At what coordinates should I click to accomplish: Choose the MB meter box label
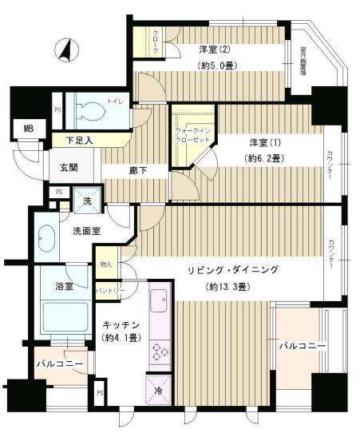29,128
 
